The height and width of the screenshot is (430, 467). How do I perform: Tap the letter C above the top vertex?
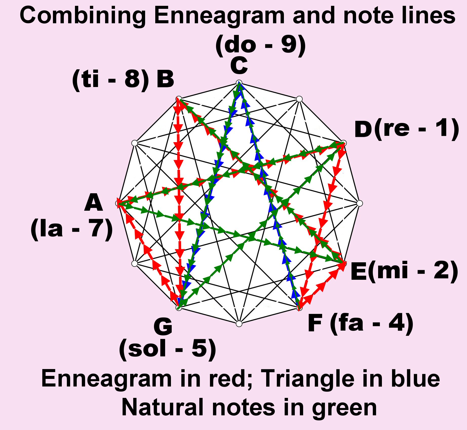239,65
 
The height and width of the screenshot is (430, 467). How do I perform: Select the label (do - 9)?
261,45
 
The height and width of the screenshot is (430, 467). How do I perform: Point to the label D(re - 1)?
406,129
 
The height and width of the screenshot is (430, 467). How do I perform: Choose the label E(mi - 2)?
404,271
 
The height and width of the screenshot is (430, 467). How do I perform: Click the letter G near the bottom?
163,327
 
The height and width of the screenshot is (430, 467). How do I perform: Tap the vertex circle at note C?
239,83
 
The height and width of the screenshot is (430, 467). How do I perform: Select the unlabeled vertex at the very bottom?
239,324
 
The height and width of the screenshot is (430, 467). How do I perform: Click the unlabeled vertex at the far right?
359,203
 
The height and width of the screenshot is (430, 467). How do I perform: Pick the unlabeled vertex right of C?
299,99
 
